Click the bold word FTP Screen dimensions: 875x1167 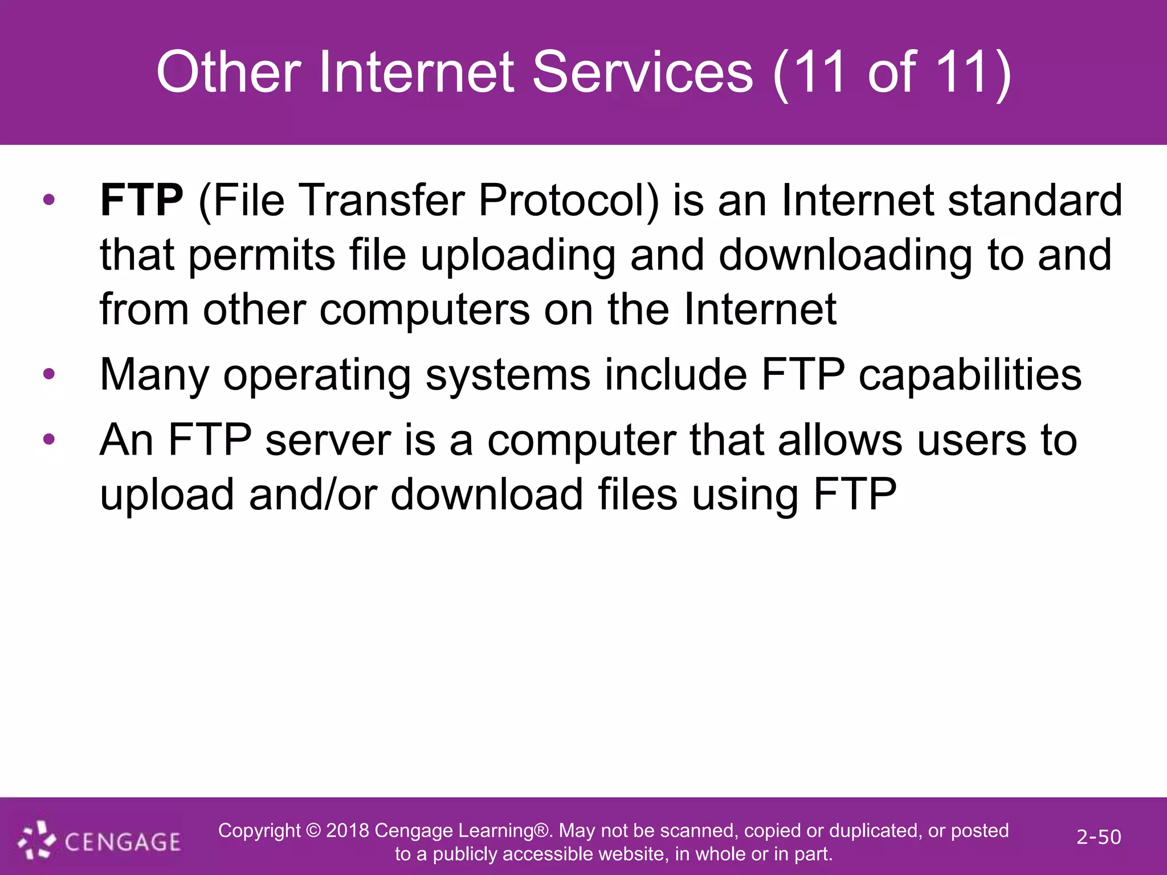(141, 201)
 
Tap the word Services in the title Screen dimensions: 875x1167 (642, 72)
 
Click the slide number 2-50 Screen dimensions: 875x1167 (1098, 837)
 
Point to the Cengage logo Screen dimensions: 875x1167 (100, 841)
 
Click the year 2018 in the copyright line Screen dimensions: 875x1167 (348, 831)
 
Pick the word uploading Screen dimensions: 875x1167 (518, 255)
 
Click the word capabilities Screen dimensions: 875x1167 (970, 375)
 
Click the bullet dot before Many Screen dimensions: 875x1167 (49, 374)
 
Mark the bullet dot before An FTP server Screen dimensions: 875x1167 (49, 439)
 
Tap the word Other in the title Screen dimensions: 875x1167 (228, 72)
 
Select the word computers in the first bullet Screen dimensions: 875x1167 (425, 309)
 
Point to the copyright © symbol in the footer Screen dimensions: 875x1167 (313, 831)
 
